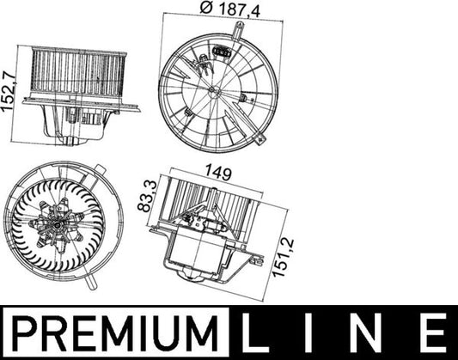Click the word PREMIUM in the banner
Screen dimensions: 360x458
(x=112, y=331)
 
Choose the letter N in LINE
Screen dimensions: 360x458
(x=370, y=331)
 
